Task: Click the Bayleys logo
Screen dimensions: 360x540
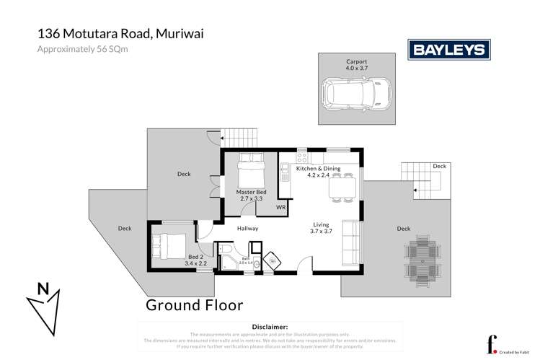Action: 450,49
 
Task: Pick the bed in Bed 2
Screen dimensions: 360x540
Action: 168,244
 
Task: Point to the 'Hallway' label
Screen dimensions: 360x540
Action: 247,229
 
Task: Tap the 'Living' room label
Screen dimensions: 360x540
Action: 321,224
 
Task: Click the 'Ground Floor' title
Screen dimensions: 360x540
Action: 194,304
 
